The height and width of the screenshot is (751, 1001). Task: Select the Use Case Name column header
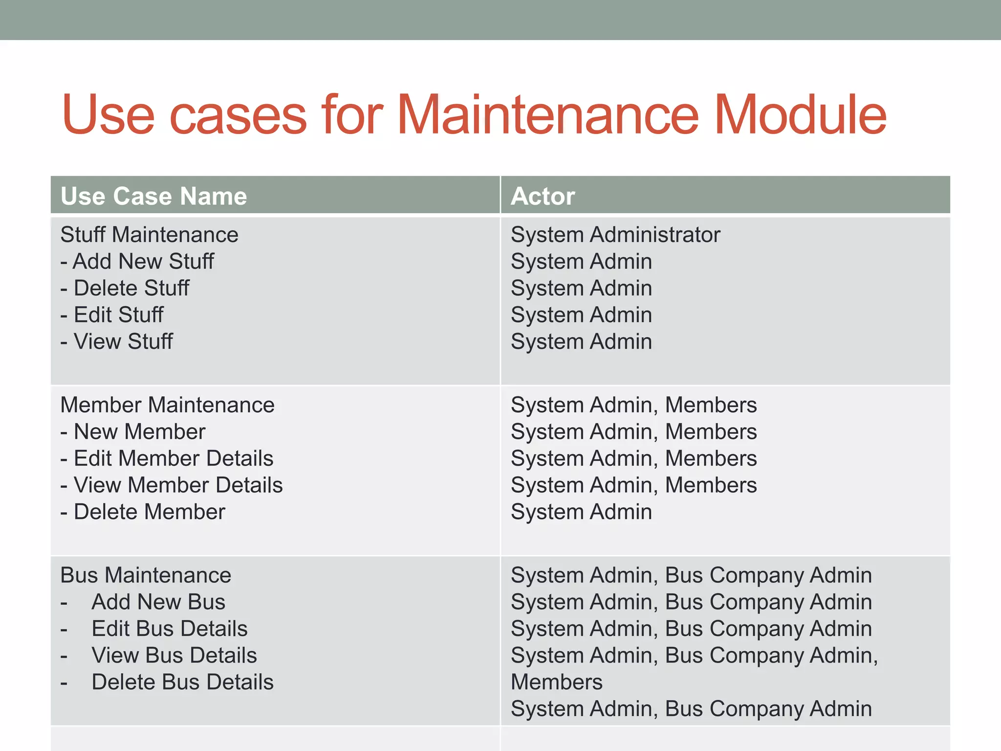click(153, 196)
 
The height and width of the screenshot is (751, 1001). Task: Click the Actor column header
click(543, 196)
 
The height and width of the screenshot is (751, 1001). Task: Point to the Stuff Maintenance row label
click(149, 235)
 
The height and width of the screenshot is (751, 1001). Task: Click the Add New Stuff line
click(137, 261)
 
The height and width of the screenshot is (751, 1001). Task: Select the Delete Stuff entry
click(125, 288)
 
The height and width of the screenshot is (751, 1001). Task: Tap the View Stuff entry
click(117, 341)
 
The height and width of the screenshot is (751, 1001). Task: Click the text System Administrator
click(615, 235)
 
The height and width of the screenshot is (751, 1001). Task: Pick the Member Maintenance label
click(167, 405)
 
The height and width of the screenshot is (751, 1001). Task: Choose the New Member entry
click(133, 432)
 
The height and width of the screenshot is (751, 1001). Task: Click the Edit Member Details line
click(167, 459)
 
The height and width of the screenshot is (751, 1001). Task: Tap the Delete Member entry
click(143, 512)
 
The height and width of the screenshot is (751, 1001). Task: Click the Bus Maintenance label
click(146, 575)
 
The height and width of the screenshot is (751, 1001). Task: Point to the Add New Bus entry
click(158, 602)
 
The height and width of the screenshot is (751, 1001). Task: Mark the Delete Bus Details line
click(182, 682)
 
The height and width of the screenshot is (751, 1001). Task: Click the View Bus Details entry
click(174, 655)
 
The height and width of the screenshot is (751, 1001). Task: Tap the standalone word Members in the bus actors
click(557, 682)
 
